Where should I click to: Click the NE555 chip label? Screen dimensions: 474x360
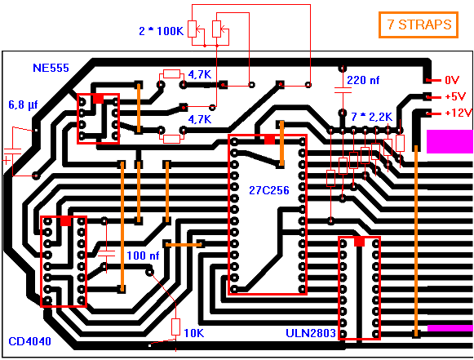(51, 68)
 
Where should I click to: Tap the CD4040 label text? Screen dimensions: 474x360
(29, 341)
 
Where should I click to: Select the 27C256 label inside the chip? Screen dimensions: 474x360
(268, 190)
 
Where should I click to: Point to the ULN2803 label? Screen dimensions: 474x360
(311, 333)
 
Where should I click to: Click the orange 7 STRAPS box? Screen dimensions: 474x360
(419, 24)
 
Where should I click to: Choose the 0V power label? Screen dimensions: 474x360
(452, 80)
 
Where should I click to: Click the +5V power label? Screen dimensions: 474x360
(455, 97)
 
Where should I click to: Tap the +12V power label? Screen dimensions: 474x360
(458, 113)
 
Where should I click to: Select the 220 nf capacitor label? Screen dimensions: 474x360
(363, 81)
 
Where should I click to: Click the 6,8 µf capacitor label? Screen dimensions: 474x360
(23, 105)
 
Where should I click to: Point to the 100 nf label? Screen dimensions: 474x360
(143, 256)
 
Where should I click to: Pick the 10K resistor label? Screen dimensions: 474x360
(194, 333)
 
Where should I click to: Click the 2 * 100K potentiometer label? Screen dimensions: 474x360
(161, 31)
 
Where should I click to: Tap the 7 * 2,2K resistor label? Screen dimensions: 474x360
(371, 117)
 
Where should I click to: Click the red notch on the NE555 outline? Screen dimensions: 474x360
(98, 99)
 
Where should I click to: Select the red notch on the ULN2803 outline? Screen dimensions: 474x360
(359, 242)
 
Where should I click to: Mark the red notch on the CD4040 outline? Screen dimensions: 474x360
(65, 221)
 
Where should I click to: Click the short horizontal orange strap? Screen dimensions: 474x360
(184, 244)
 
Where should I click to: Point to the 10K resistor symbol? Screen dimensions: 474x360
(175, 327)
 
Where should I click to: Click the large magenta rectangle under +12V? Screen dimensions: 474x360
(450, 141)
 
